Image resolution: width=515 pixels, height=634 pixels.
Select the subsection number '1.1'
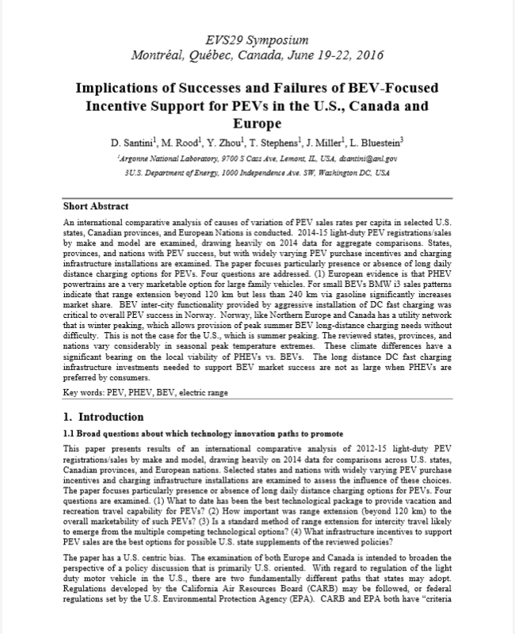click(68, 433)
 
